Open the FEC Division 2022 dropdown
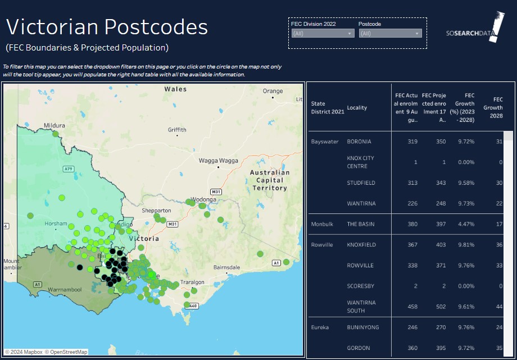[323, 34]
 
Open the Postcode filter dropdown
[390, 34]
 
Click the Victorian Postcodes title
[107, 27]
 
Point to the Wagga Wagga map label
[219, 161]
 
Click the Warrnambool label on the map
[65, 290]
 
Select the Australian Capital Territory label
[270, 180]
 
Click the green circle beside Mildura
[55, 134]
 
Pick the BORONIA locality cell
[359, 142]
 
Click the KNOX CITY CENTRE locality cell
[361, 162]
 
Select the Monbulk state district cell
[322, 224]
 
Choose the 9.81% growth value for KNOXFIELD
[465, 245]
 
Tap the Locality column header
[357, 107]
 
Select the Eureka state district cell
[320, 327]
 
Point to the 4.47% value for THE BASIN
[465, 224]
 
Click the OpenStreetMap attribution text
[69, 352]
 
